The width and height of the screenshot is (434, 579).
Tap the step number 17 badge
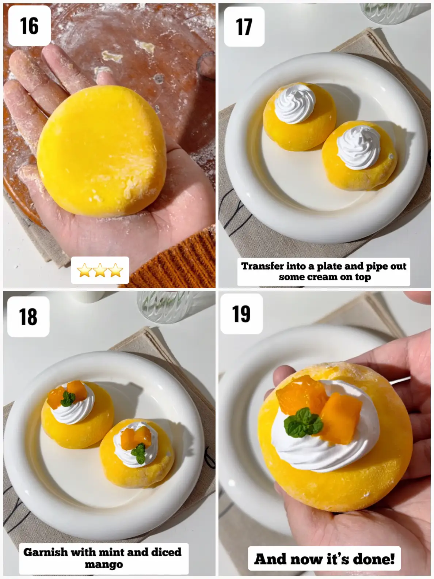click(244, 27)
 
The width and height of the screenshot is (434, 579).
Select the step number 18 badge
click(28, 317)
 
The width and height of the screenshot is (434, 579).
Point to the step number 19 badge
click(241, 314)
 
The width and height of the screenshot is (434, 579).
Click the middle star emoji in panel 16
click(100, 270)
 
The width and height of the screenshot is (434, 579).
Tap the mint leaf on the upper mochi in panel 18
click(68, 399)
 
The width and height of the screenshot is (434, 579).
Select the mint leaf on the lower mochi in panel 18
click(138, 453)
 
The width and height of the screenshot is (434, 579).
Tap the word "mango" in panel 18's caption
click(104, 564)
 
